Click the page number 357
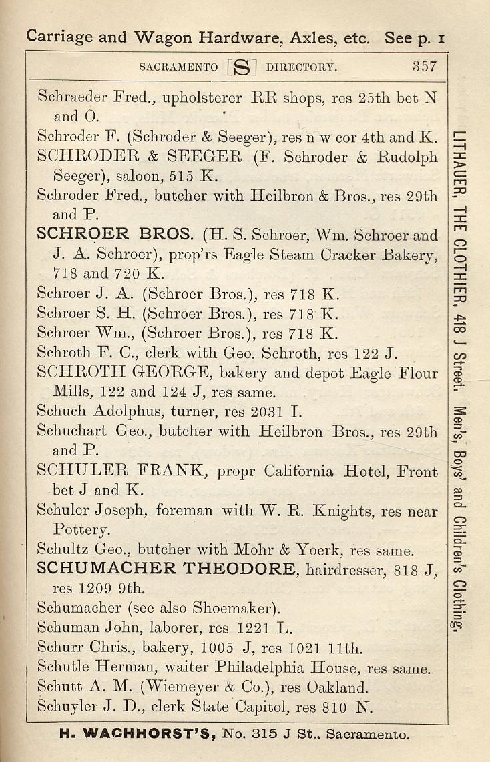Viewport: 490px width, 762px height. pyautogui.click(x=424, y=67)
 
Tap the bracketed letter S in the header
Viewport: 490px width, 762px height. pyautogui.click(x=242, y=67)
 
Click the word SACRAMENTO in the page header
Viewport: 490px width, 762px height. pyautogui.click(x=178, y=67)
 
